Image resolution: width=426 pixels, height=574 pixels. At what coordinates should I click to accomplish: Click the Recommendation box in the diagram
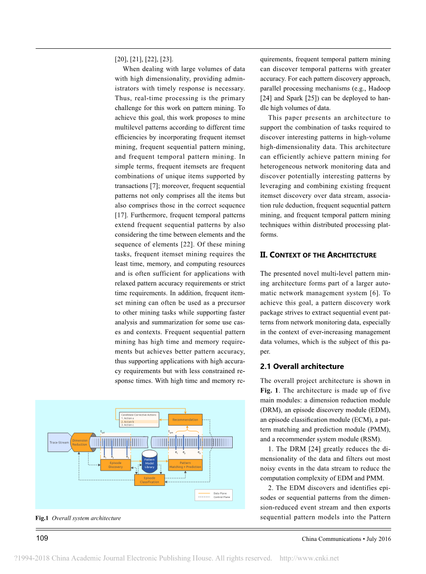pos(185,420)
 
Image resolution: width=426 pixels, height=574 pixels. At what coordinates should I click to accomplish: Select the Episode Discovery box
pos(115,465)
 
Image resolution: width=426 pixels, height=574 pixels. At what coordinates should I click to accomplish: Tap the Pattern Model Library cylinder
pos(149,463)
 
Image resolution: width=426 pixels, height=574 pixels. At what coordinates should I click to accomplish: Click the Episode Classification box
pos(149,480)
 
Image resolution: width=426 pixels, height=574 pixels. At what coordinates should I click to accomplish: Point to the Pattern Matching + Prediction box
pos(185,465)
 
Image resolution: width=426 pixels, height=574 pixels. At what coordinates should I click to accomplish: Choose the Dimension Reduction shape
pos(81,442)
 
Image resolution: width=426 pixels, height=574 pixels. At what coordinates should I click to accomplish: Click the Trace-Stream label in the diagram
pos(59,442)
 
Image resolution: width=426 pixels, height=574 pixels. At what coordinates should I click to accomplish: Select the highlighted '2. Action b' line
pos(139,421)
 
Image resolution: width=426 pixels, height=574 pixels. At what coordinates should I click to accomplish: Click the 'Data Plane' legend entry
pos(220,493)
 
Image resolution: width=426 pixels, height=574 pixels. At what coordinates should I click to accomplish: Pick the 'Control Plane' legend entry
pos(222,497)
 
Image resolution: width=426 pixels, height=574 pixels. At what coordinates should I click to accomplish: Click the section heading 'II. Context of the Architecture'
pos(318,255)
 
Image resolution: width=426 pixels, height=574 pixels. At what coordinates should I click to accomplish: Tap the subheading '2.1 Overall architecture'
pos(302,366)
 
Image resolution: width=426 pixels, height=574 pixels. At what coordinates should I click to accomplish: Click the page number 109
pos(42,538)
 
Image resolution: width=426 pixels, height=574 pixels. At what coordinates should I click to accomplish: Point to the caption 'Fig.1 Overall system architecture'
pos(78,518)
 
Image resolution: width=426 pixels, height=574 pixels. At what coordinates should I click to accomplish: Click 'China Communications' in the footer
pos(325,539)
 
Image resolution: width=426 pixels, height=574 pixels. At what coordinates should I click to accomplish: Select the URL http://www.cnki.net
pos(309,558)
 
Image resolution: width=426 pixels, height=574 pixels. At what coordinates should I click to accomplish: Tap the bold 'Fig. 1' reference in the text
pos(269,391)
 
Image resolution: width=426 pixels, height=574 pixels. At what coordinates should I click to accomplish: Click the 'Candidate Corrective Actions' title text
pos(139,415)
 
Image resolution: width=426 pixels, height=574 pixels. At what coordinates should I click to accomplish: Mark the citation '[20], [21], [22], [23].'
pos(144,59)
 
